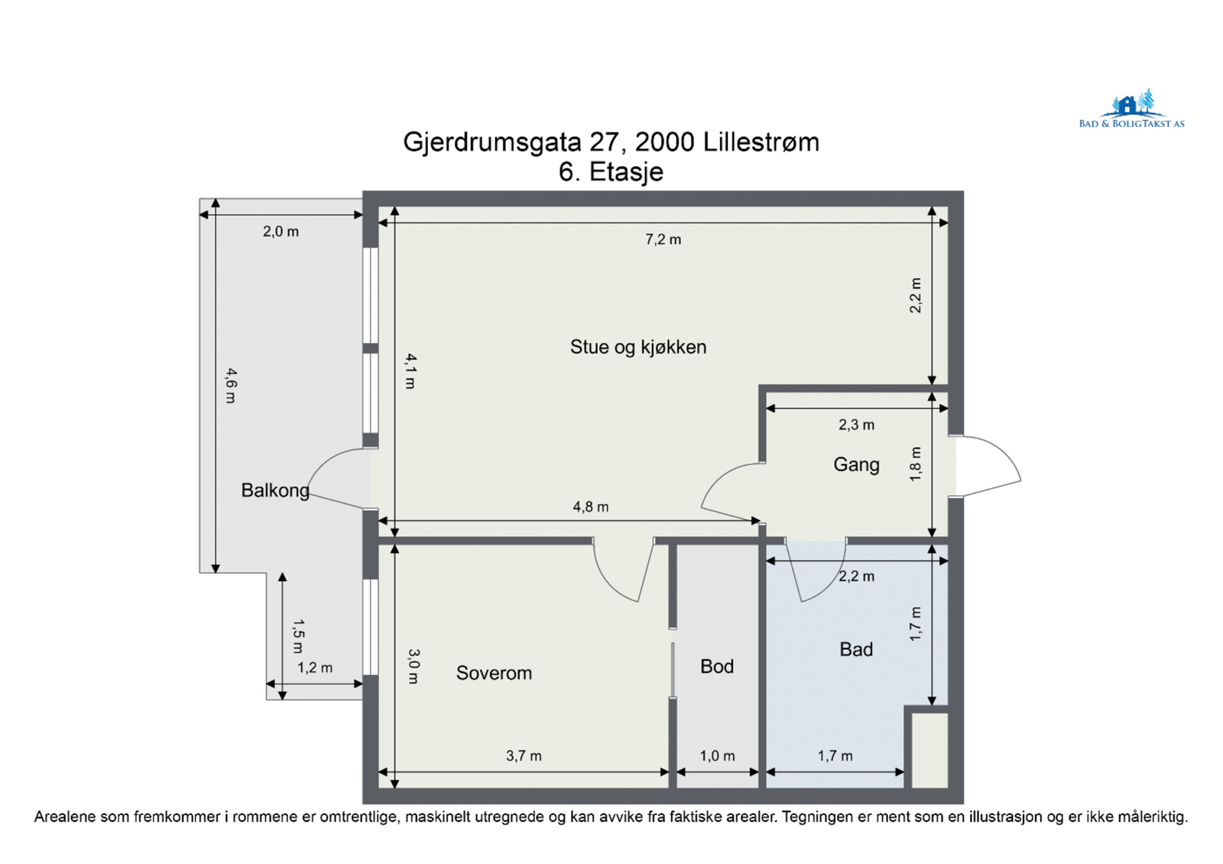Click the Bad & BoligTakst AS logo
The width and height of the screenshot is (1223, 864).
coord(1131,109)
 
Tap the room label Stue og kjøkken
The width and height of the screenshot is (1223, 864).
coord(638,347)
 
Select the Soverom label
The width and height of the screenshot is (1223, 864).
coord(494,673)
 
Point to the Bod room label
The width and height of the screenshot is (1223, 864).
coord(717,666)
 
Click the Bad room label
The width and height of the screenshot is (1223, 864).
coord(856,649)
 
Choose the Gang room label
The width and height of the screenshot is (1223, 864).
coord(856,465)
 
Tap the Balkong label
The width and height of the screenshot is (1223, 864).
coord(275,490)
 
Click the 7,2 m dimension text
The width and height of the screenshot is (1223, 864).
coord(663,240)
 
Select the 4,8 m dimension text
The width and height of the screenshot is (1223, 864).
coord(591,507)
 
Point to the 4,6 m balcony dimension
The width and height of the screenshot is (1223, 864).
coord(231,385)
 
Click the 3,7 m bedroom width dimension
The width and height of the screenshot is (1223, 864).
coord(524,756)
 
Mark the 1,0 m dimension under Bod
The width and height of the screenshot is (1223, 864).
coord(718,756)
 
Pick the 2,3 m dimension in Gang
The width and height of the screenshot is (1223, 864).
coord(857,424)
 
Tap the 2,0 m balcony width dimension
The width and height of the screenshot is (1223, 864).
coord(281,232)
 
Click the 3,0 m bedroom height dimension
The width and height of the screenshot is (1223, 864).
coord(414,666)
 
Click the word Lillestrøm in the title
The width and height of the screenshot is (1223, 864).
coord(761,142)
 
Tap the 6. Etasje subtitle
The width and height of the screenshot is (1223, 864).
coord(611,172)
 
